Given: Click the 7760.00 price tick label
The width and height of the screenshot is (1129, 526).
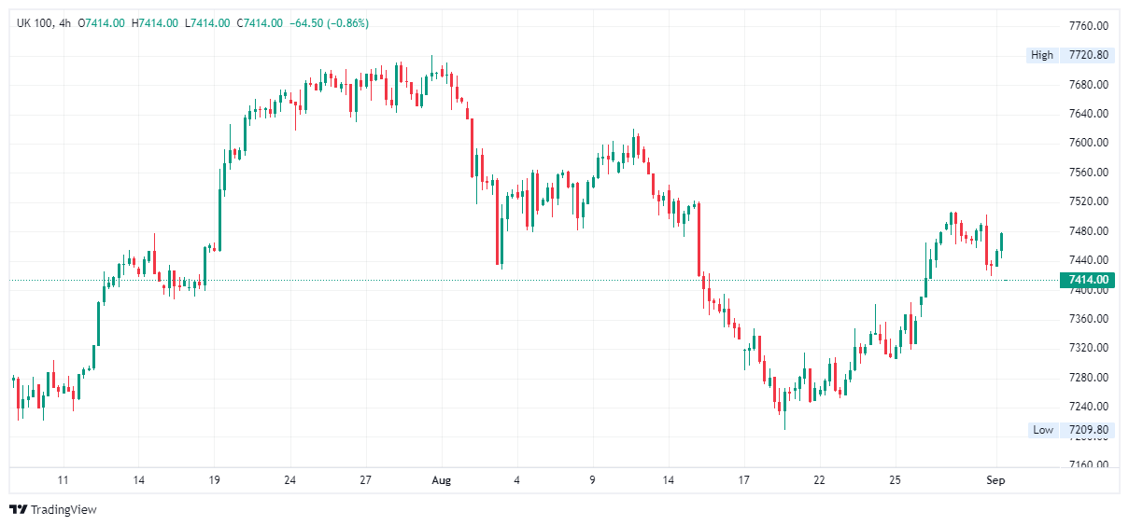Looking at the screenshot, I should pos(1088,25).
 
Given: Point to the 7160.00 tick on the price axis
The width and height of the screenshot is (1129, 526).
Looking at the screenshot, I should pos(1088,464).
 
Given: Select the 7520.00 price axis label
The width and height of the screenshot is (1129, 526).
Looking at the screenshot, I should pos(1088,201).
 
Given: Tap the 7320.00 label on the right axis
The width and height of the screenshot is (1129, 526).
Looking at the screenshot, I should pos(1088,348).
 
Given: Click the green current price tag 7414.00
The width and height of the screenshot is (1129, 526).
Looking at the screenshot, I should pos(1088,280).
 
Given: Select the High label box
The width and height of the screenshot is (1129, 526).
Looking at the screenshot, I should pos(1041,55).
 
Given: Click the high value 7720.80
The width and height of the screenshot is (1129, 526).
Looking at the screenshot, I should pos(1089,55).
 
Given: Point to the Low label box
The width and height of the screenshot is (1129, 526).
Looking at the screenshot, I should pos(1042,430).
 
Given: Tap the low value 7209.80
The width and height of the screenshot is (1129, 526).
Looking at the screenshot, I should pos(1089,430).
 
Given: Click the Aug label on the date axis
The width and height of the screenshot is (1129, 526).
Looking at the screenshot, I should pos(442,480).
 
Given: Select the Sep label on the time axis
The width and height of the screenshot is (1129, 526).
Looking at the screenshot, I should pos(996,480).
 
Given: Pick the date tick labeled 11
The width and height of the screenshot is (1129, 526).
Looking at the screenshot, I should pos(63,480).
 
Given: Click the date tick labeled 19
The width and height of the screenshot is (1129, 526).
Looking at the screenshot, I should pos(214,480).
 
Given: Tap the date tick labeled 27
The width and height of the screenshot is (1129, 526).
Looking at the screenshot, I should pos(366,480).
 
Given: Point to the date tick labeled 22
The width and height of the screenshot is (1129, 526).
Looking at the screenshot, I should pos(820,480).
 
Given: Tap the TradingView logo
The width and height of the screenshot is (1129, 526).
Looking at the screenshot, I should pos(53,509).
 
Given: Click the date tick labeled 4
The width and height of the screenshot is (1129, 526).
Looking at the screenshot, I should pos(516,480).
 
